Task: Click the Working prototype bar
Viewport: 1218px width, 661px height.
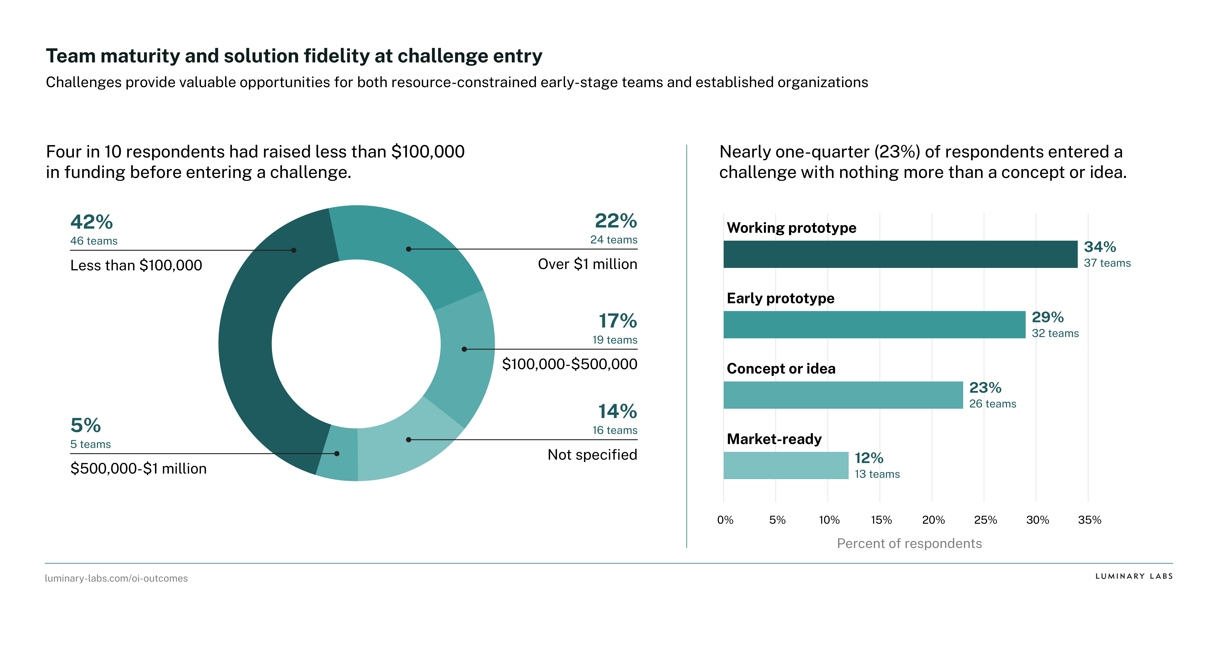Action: [900, 254]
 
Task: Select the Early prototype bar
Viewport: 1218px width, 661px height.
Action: [874, 325]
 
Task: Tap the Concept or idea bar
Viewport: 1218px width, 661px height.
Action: [843, 395]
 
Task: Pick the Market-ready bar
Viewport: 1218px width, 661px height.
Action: [785, 465]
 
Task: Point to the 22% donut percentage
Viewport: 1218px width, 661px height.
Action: [616, 221]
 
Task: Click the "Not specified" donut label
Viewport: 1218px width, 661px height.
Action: [592, 455]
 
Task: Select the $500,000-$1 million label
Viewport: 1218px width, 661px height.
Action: [138, 469]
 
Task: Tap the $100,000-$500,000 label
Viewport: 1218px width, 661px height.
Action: [569, 364]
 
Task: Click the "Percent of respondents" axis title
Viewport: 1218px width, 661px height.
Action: [909, 543]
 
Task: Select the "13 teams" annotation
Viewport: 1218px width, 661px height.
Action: [877, 474]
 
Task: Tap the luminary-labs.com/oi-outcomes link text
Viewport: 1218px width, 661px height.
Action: [116, 578]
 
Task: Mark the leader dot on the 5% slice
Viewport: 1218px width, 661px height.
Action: [337, 454]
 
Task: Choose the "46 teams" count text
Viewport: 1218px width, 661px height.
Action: [94, 241]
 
